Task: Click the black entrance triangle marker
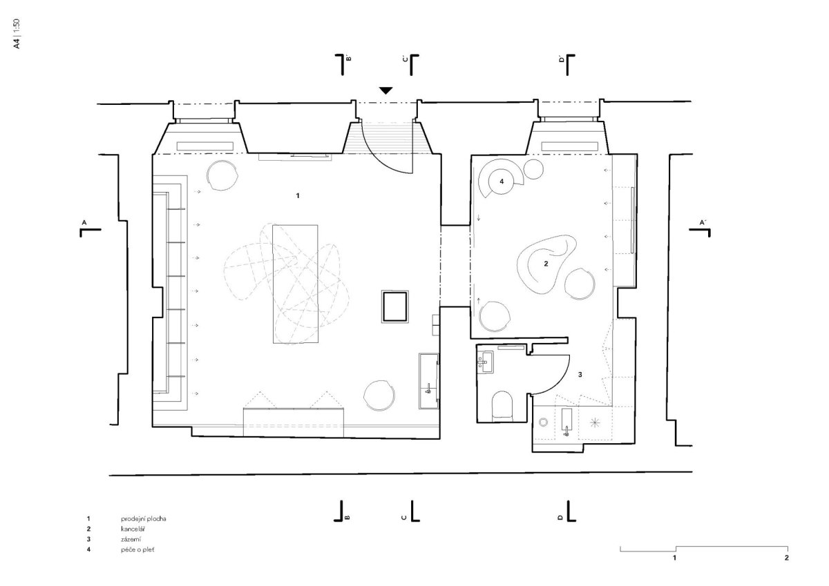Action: [385, 90]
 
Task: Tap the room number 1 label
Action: [298, 195]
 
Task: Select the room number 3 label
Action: [580, 375]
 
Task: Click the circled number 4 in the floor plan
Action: [502, 182]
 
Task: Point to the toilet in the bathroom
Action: [502, 406]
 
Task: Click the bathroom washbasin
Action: [485, 362]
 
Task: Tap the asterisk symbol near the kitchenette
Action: [595, 422]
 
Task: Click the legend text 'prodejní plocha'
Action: [144, 519]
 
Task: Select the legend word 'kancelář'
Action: [133, 529]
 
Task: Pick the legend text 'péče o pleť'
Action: [137, 550]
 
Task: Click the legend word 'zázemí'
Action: [131, 540]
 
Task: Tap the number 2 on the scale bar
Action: [786, 558]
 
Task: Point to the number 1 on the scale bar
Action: [675, 558]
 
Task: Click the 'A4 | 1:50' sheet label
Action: [17, 34]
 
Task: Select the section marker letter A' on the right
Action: [703, 222]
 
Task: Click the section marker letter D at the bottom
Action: [561, 518]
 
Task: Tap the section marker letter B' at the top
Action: [348, 58]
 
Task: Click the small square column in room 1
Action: [395, 307]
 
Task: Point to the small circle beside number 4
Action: [533, 169]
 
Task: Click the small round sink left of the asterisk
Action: [543, 422]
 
